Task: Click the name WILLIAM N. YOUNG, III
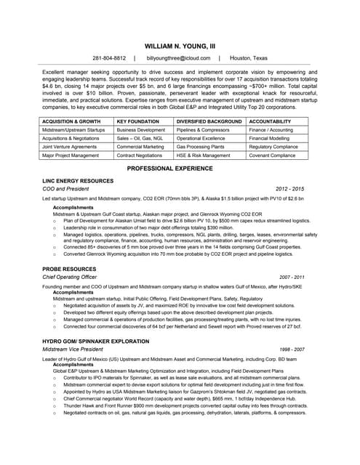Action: (180, 45)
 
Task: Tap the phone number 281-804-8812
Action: (109, 57)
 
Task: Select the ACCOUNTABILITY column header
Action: (271, 121)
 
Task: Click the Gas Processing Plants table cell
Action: (201, 146)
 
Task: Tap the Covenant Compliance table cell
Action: (273, 155)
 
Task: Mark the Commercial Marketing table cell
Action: (140, 146)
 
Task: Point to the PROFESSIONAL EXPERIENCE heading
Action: (180, 168)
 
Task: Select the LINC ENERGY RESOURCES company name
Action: (78, 180)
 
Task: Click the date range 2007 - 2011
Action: (292, 278)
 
